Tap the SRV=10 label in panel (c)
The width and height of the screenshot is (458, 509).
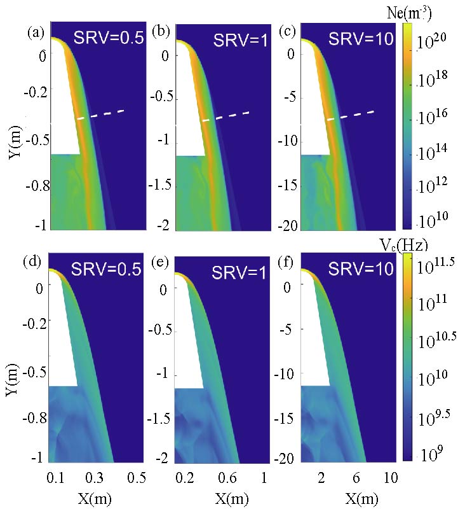pyautogui.click(x=361, y=38)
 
